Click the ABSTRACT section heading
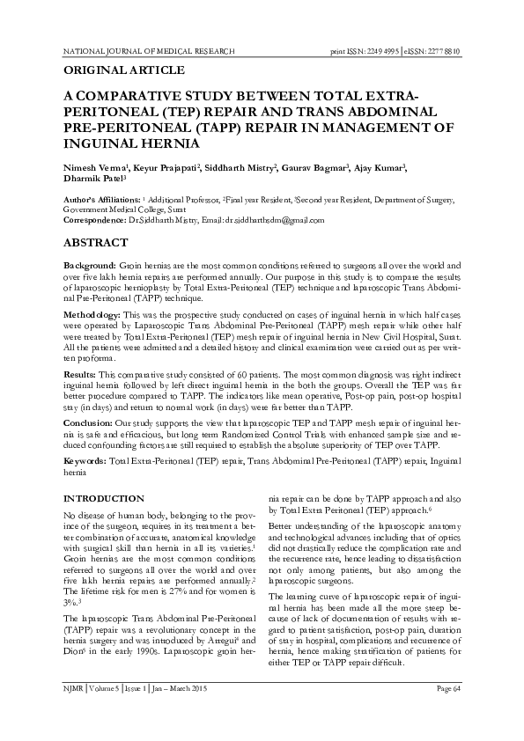point(100,240)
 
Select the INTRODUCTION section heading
point(105,499)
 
